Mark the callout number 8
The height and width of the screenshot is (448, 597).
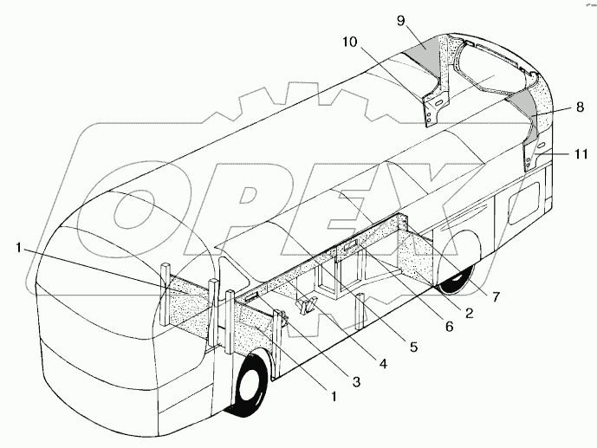[553, 110]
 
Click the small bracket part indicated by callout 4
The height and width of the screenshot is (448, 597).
[306, 305]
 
